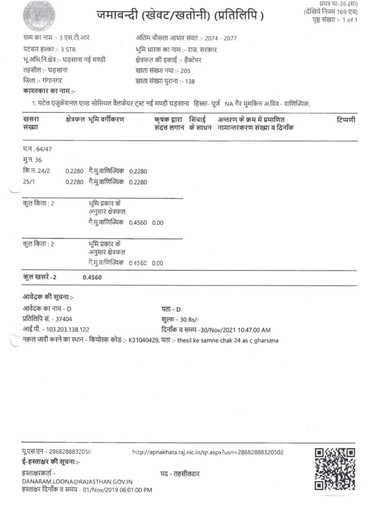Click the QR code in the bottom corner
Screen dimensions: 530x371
[334, 469]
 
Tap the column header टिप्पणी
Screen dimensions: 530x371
[345, 120]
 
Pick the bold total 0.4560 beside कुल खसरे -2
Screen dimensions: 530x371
[92, 277]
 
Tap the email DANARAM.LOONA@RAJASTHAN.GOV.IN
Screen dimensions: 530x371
[77, 481]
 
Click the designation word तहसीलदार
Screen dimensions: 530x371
[188, 474]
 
